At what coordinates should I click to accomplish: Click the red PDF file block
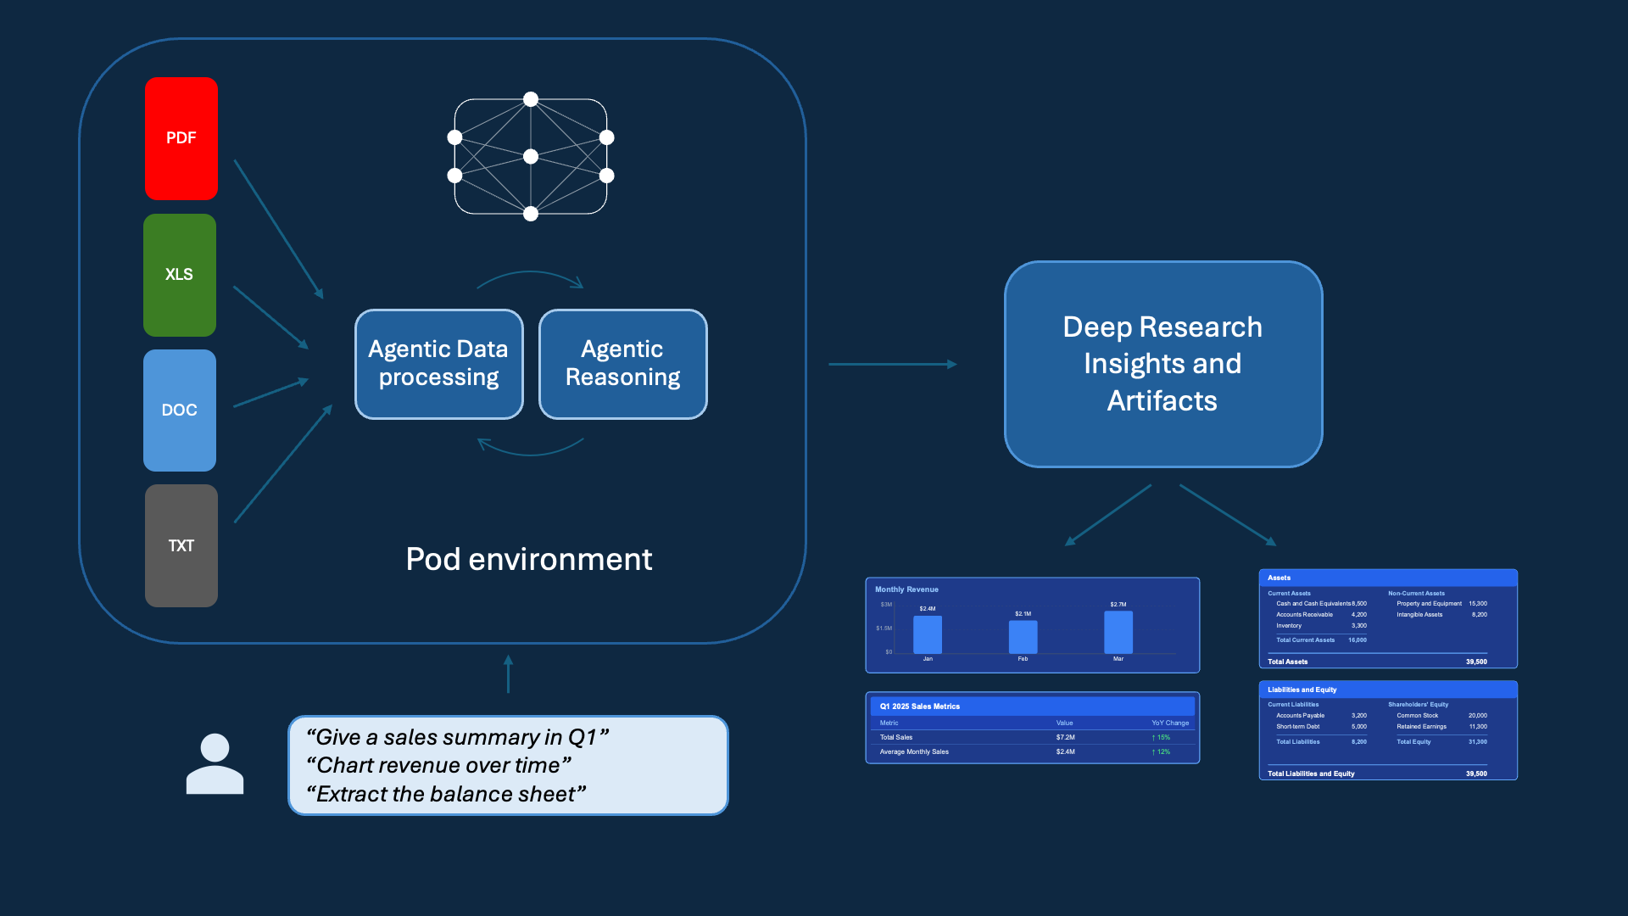pos(181,138)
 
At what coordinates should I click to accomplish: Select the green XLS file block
pos(180,275)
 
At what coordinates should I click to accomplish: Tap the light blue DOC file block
pos(180,411)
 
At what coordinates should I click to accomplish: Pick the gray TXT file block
pos(181,546)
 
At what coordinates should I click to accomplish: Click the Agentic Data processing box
pos(438,364)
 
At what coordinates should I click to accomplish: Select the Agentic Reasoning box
pos(622,364)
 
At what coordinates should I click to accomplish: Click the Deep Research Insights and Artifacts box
pos(1162,364)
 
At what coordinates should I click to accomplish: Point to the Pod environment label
pos(528,559)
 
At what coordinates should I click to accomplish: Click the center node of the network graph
pos(531,156)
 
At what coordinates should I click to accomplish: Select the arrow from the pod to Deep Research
pos(892,364)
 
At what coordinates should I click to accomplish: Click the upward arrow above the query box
pos(508,674)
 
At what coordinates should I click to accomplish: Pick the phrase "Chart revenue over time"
pos(438,765)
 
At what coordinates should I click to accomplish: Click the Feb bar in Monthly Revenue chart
pos(1023,637)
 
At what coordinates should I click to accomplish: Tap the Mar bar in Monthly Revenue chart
pos(1118,633)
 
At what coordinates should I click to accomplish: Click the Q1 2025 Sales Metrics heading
pos(919,706)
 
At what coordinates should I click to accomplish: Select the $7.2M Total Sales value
pos(1065,737)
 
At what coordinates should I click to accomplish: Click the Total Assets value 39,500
pos(1475,662)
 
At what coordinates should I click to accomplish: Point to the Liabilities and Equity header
pos(1302,690)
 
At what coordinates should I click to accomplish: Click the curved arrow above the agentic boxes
pos(531,276)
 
